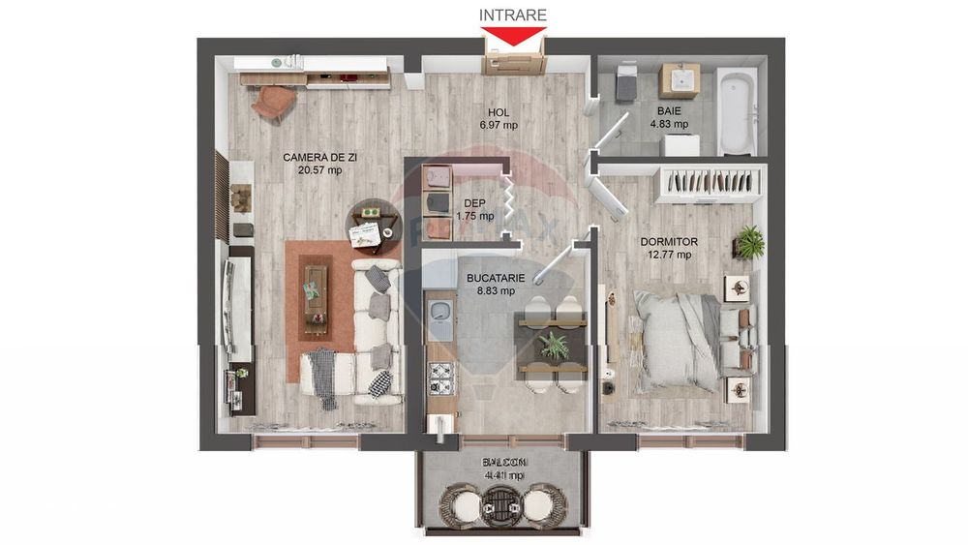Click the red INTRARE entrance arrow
coord(513,38)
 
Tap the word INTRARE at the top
coord(513,15)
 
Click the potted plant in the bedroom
coord(748,240)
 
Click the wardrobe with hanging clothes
coord(711,182)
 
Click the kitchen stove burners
coord(441,374)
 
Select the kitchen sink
coord(440,313)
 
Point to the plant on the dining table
coord(555,345)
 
